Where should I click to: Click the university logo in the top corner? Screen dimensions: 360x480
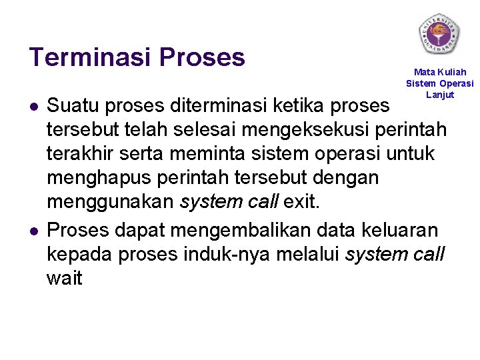click(439, 33)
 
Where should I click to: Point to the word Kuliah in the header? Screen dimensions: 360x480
click(452, 72)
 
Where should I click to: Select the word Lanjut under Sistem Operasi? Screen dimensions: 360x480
click(440, 95)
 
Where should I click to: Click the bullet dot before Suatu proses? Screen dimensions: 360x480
click(33, 107)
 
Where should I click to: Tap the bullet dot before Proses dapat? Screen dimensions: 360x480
click(33, 231)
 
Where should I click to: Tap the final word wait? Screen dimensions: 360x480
click(64, 278)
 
